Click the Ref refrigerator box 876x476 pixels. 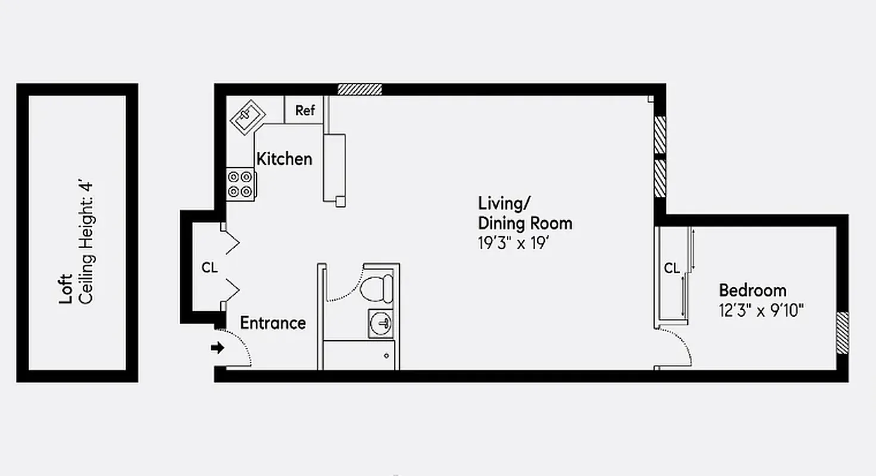coord(305,111)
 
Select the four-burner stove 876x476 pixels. coord(241,184)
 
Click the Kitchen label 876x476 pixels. coord(284,159)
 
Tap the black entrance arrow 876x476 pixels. coord(218,347)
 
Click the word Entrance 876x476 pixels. coord(273,323)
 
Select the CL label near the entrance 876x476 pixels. coord(209,268)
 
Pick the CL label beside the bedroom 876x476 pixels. coord(672,268)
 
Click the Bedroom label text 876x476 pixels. coord(752,290)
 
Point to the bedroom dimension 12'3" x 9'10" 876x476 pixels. coord(762,310)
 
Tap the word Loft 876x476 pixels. coord(66,289)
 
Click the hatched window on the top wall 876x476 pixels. coord(359,89)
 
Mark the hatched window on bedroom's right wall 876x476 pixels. coord(842,333)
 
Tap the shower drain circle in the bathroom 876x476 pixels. coord(386,356)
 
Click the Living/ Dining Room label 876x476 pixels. coord(525,213)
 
